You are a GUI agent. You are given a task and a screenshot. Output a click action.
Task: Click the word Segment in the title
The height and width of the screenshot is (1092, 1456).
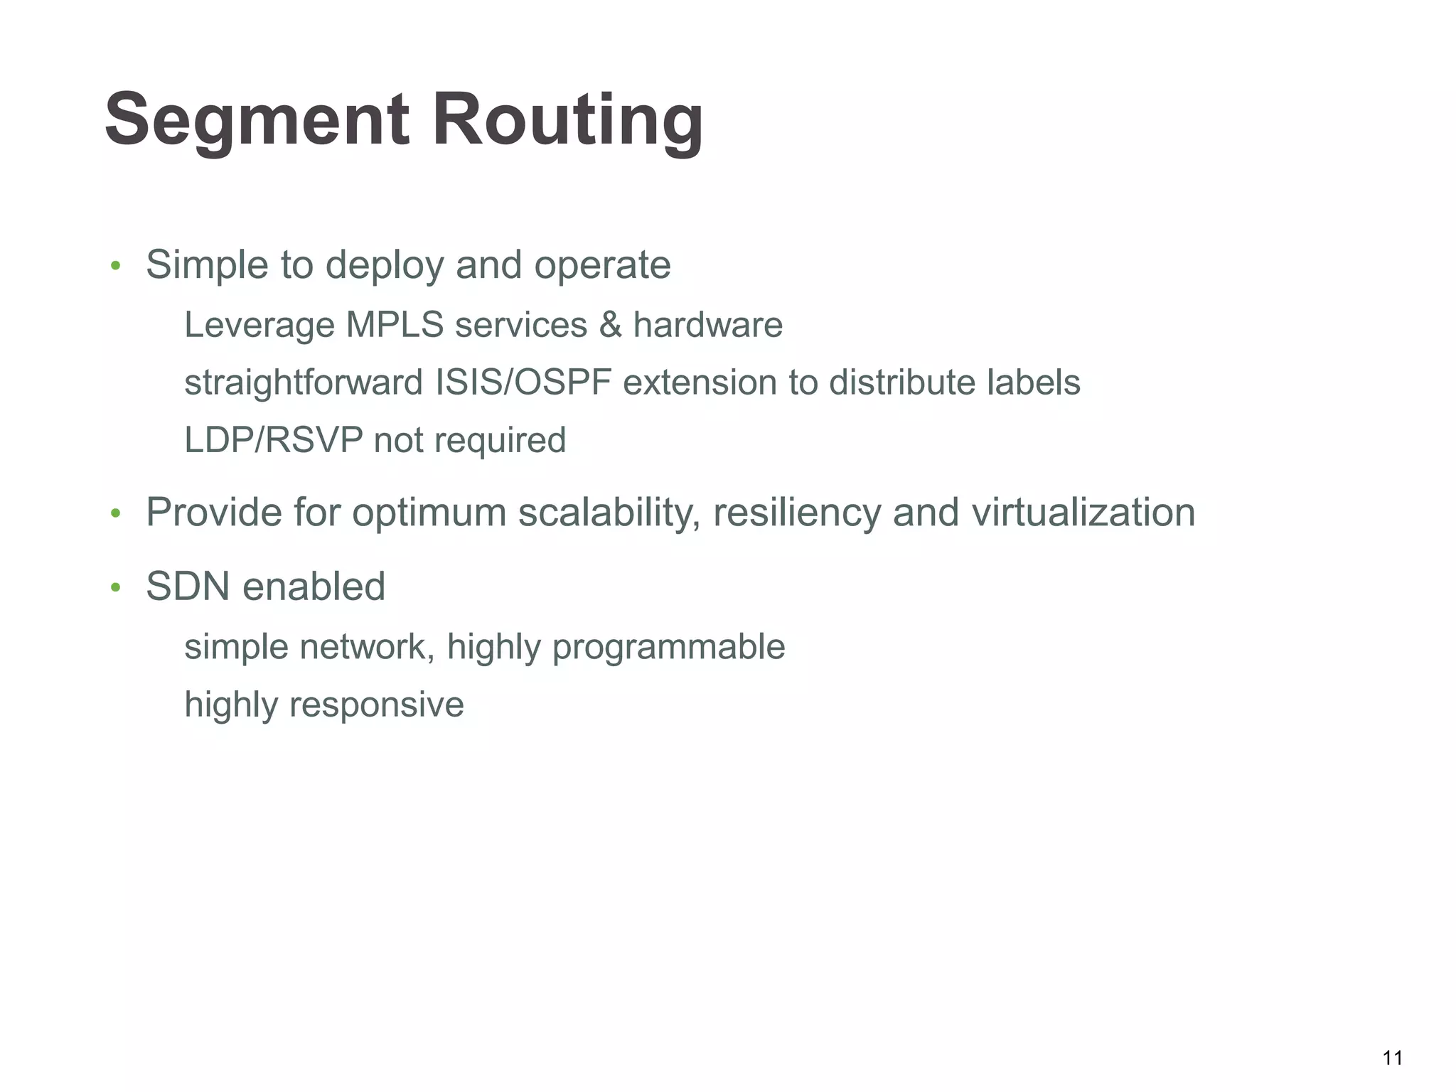257,119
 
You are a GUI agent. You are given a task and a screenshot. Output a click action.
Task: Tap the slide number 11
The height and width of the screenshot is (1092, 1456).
1393,1058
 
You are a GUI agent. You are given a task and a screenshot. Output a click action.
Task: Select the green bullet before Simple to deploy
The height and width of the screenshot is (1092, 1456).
115,267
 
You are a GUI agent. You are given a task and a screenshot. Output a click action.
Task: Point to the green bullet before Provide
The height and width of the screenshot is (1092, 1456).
115,514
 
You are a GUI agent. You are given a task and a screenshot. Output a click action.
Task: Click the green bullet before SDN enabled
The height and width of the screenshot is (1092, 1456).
115,589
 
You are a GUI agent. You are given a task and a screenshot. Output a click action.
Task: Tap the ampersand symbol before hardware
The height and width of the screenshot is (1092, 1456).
610,325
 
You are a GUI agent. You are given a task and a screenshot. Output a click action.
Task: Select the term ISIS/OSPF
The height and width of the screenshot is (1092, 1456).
523,382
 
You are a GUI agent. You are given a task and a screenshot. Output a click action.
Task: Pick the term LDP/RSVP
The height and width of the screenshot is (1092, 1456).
273,440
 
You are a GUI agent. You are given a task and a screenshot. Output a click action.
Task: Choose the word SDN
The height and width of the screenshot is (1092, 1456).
188,587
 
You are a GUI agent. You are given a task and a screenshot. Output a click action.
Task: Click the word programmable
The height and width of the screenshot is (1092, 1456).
668,648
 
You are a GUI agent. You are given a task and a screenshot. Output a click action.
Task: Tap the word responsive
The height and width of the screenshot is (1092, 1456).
376,705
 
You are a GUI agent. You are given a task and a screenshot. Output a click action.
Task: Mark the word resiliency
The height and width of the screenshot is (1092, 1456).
797,513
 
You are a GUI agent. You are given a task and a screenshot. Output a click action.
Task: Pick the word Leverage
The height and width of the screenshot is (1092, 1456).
259,326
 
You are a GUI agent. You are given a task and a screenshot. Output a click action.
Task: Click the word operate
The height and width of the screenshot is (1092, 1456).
602,266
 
